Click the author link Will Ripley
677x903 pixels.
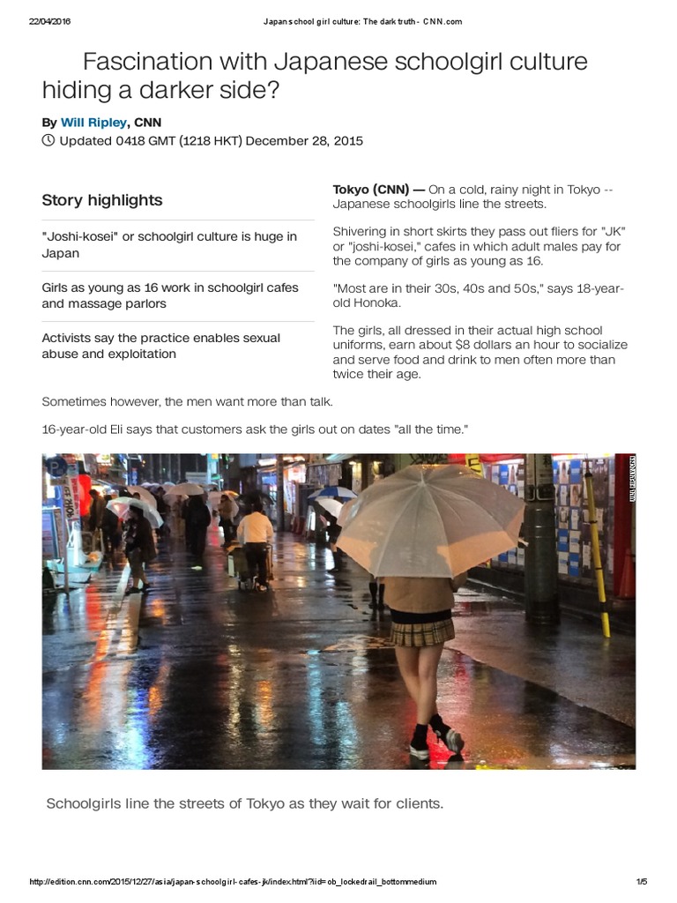(x=93, y=123)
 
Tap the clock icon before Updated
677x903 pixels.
(x=48, y=140)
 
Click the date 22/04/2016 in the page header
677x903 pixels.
(x=49, y=21)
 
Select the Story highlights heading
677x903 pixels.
(x=102, y=200)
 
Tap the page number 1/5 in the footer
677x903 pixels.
(x=641, y=882)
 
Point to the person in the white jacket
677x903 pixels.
(x=256, y=529)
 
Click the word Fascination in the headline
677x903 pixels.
(x=146, y=63)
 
